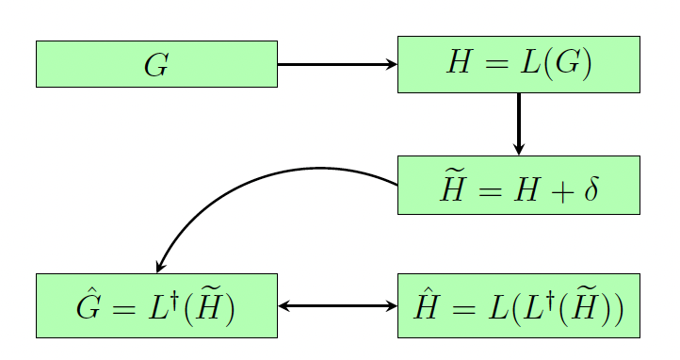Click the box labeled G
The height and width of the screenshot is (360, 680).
(156, 64)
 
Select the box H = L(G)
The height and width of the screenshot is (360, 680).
(518, 64)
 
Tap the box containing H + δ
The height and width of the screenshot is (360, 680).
(518, 186)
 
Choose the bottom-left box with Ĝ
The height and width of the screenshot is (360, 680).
(156, 305)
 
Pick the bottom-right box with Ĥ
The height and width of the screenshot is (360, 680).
(518, 305)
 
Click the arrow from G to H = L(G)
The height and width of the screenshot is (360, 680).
(336, 64)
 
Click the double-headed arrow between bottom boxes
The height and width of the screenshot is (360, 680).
(337, 305)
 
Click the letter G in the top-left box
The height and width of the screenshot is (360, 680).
(156, 65)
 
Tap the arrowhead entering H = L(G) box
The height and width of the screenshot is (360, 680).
(391, 64)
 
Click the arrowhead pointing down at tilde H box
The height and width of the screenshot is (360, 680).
(519, 149)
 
